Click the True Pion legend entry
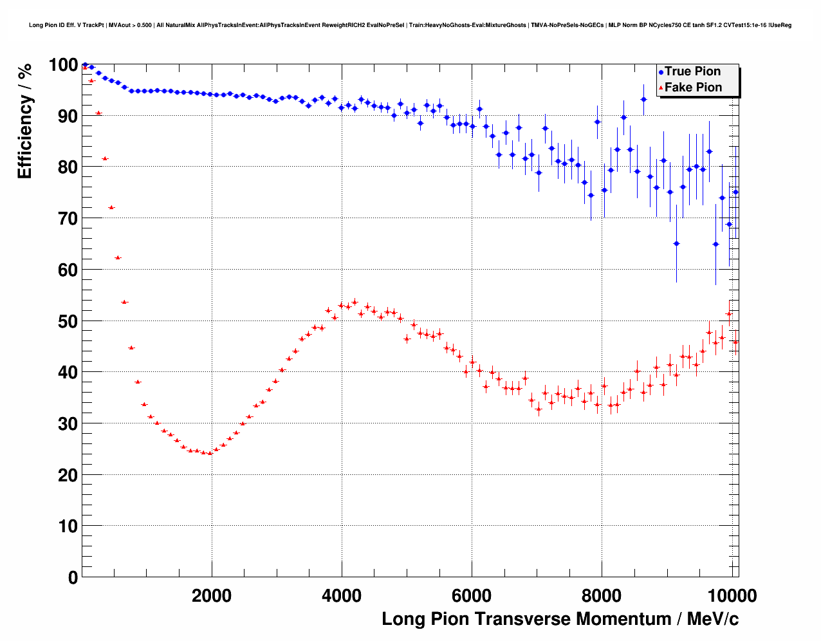(x=692, y=71)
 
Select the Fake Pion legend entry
(x=693, y=88)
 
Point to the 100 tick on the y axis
(x=63, y=65)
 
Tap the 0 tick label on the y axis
(x=73, y=577)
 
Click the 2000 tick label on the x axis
(x=212, y=596)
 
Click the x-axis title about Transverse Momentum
(x=560, y=619)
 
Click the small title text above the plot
(x=410, y=25)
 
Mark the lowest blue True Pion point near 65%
(x=676, y=243)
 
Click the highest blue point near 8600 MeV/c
(x=643, y=99)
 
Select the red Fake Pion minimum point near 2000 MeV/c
(x=210, y=453)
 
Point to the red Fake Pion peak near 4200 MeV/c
(x=355, y=301)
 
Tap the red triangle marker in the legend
(x=661, y=88)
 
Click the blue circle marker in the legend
(x=661, y=72)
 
